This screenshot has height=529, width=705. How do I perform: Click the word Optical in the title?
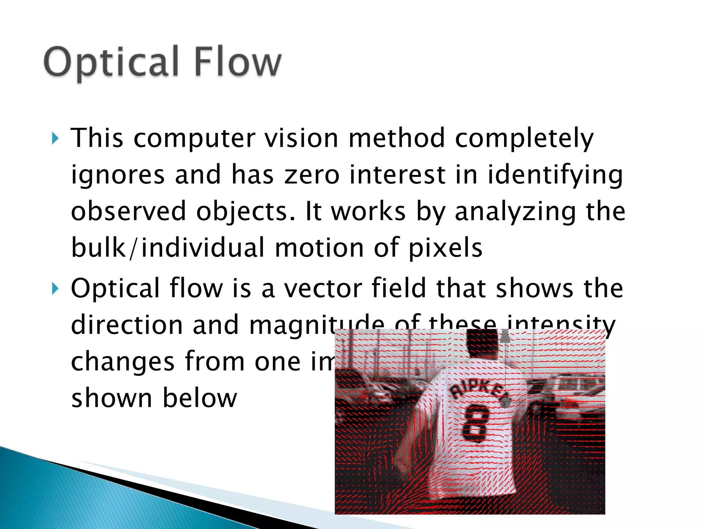(x=111, y=62)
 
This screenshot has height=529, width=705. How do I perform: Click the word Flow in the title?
(x=238, y=62)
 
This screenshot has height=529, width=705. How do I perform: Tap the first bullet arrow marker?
(x=55, y=138)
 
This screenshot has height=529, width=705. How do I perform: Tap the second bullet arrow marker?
(x=55, y=289)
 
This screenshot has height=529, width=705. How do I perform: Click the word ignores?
(x=118, y=175)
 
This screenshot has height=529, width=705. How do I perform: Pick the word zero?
(x=312, y=175)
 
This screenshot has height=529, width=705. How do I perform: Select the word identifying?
(x=555, y=175)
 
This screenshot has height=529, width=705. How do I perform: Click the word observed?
(x=128, y=211)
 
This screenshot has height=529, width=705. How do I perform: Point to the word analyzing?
(x=515, y=211)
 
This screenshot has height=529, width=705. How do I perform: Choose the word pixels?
(x=445, y=248)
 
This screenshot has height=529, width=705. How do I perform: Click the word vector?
(x=323, y=289)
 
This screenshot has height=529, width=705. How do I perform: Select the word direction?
(x=127, y=325)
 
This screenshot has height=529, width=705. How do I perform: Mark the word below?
(x=200, y=398)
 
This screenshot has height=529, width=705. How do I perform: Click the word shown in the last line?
(x=112, y=398)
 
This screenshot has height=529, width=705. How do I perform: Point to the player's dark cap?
(x=482, y=343)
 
